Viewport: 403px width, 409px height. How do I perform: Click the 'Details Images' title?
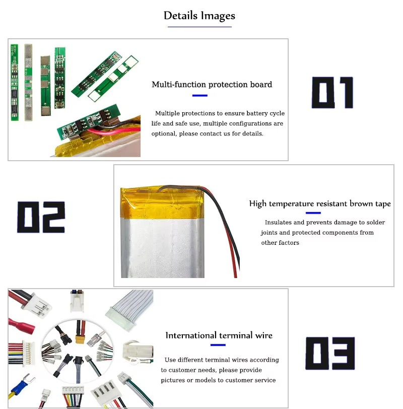click(199, 16)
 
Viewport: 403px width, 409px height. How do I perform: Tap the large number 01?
click(332, 93)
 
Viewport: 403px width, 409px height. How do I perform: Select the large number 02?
click(41, 217)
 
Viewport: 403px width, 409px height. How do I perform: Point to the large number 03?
click(330, 354)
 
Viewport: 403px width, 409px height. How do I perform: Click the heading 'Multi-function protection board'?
click(212, 85)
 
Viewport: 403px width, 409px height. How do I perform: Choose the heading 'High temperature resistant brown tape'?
click(320, 203)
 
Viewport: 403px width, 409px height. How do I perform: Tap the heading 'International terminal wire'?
click(219, 335)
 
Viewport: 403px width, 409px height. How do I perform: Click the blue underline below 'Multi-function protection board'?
click(200, 96)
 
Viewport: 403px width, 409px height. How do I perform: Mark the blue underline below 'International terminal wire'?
click(218, 345)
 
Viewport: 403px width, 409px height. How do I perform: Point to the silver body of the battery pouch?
click(163, 248)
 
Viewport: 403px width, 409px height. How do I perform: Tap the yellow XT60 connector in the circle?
click(80, 338)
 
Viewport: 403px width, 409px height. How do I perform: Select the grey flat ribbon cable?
click(130, 308)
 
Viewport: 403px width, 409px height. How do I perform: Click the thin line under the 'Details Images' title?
click(199, 27)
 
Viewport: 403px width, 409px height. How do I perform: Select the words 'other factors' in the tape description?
click(280, 243)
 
